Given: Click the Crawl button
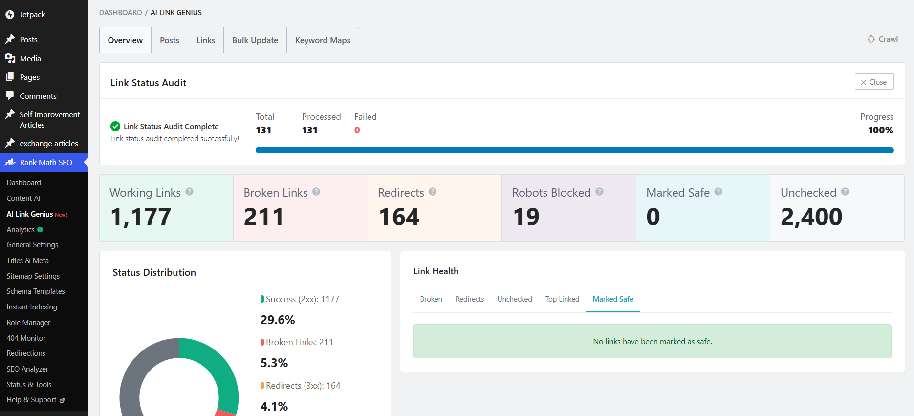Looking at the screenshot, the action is coord(883,39).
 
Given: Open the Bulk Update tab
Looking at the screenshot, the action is coord(255,40).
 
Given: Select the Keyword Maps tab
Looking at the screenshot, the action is coord(323,40).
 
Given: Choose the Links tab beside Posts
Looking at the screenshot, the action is coord(206,40).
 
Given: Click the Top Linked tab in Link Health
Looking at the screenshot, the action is coord(562,299).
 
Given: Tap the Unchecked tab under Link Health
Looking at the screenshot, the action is coord(515,299).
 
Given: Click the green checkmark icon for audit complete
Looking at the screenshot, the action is coord(115,126).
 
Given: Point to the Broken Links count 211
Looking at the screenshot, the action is coord(264,217).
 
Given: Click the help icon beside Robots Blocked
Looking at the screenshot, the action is coord(599,192).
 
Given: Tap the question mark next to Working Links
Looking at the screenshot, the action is coord(189,192).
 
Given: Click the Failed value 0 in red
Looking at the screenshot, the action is coord(357,130).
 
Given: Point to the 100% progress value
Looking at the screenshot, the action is coord(880,130).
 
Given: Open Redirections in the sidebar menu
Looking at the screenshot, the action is coord(26,353).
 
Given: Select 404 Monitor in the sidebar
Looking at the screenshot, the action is coord(26,338).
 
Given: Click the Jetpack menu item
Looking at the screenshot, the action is coord(32,15).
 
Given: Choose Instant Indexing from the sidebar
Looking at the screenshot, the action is coord(32,307).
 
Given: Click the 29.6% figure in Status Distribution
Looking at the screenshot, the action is coord(278,320).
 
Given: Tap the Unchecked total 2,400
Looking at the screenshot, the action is coord(811,217).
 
